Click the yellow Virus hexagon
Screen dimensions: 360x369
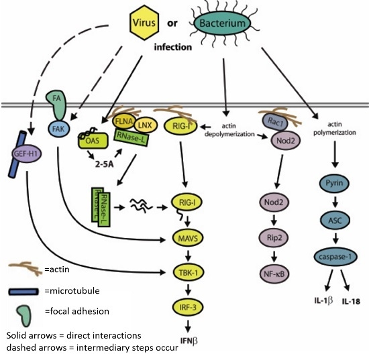(146, 24)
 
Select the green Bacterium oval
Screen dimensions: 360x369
(225, 25)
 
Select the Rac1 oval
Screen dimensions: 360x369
(273, 122)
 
